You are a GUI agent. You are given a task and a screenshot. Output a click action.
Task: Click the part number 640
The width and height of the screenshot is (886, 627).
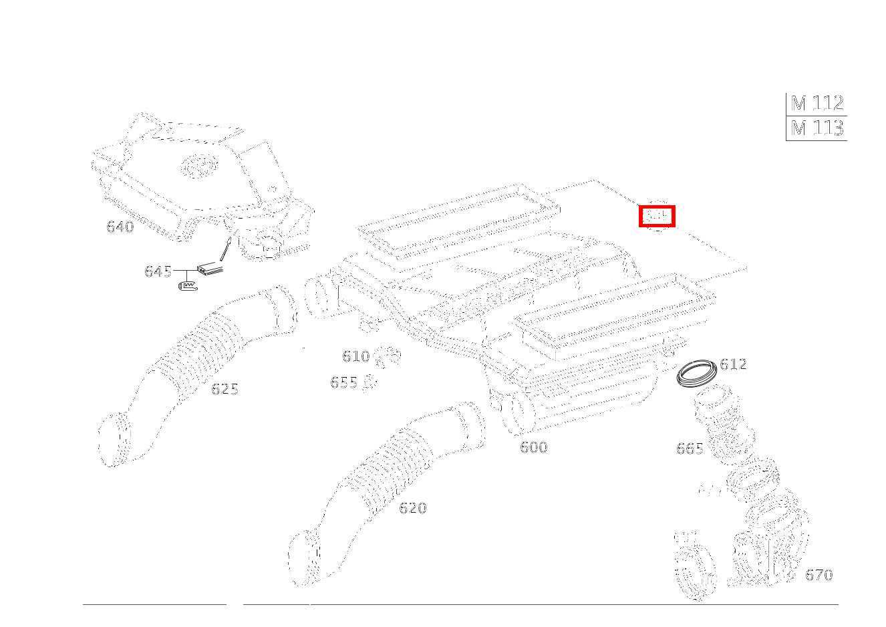(120, 227)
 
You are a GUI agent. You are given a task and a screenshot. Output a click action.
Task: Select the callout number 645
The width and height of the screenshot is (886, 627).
(158, 271)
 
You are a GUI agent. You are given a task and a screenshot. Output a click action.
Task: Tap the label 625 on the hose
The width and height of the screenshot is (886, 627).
(225, 389)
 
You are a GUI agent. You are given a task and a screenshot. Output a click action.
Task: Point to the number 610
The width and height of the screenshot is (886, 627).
(355, 356)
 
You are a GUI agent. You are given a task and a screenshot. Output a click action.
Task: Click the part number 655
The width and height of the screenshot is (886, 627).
(343, 382)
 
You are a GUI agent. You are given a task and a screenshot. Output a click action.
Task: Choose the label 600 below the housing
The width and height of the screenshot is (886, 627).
(533, 447)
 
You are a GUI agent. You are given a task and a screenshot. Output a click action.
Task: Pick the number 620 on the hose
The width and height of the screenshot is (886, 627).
(412, 508)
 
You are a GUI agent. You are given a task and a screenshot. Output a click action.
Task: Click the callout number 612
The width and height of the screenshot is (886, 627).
(733, 364)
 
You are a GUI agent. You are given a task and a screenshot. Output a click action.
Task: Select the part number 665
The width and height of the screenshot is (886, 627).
(690, 449)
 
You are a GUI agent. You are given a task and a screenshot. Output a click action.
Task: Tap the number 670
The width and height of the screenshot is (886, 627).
(819, 575)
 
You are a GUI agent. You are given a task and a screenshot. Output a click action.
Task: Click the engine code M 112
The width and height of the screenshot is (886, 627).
(817, 104)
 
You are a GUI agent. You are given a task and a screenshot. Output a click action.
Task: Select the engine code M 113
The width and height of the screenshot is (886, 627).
(817, 128)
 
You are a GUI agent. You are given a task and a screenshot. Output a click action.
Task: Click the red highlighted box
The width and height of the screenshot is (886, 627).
(657, 216)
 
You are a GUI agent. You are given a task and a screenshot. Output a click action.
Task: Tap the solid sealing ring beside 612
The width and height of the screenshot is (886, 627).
(696, 372)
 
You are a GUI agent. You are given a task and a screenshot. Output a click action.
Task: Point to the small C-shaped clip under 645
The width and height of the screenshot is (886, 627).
(188, 286)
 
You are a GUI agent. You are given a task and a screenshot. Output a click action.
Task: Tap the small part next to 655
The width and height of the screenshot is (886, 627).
(370, 382)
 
